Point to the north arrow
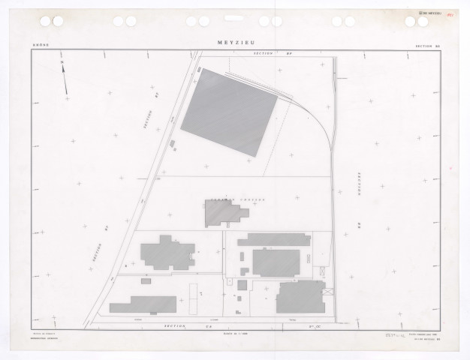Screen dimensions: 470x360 tap(64, 78)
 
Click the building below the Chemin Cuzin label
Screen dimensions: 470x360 tap(224, 214)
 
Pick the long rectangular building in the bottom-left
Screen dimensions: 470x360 tap(143, 304)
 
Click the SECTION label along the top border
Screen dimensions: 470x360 tap(267, 55)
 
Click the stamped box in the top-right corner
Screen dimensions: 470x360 tap(428, 13)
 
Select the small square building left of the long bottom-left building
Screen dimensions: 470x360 tap(146, 280)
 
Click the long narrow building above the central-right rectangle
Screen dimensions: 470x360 tap(274, 240)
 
